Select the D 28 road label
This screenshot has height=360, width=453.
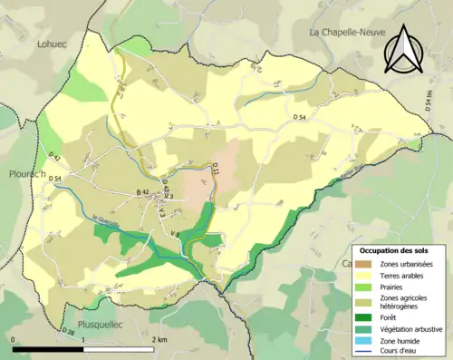pyautogui.click(x=69, y=331)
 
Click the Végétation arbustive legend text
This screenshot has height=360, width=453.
pyautogui.click(x=407, y=327)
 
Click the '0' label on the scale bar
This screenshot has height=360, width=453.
pyautogui.click(x=14, y=339)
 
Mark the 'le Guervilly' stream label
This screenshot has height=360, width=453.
pyautogui.click(x=107, y=220)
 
